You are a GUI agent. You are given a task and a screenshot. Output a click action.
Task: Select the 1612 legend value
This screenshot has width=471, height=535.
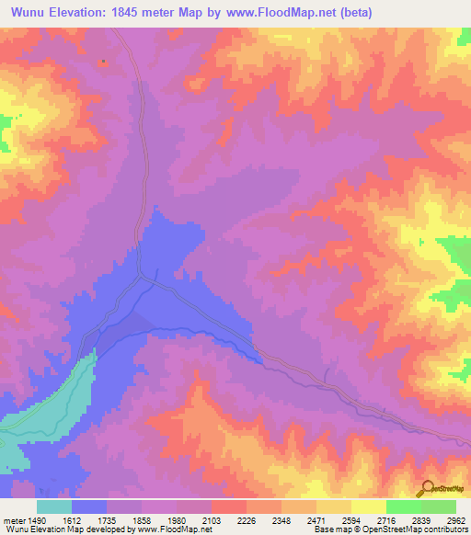pos(72,520)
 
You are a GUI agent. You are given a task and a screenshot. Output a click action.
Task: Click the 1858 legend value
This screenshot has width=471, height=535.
pos(142,520)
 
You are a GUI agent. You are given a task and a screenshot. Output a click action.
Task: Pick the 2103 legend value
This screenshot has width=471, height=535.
pos(212,520)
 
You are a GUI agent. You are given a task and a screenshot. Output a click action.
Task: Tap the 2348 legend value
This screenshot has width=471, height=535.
pos(281,520)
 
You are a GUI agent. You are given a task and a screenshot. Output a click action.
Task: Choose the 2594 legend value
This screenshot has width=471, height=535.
pos(351,520)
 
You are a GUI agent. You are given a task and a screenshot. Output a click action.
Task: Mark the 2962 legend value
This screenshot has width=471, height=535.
pos(456,520)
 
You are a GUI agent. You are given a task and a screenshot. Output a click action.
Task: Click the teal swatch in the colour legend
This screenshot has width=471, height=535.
pos(54,507)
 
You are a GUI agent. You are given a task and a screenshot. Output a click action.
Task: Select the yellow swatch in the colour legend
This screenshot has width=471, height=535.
pos(368,507)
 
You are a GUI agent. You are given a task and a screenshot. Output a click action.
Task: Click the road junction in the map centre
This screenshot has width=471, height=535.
pos(140,275)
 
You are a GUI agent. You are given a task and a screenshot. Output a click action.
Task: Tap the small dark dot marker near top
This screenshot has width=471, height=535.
pos(103,63)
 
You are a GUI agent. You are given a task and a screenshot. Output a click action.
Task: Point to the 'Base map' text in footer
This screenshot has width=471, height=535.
pos(328,530)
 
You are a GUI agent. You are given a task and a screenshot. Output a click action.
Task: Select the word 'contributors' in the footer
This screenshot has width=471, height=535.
pos(445,530)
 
